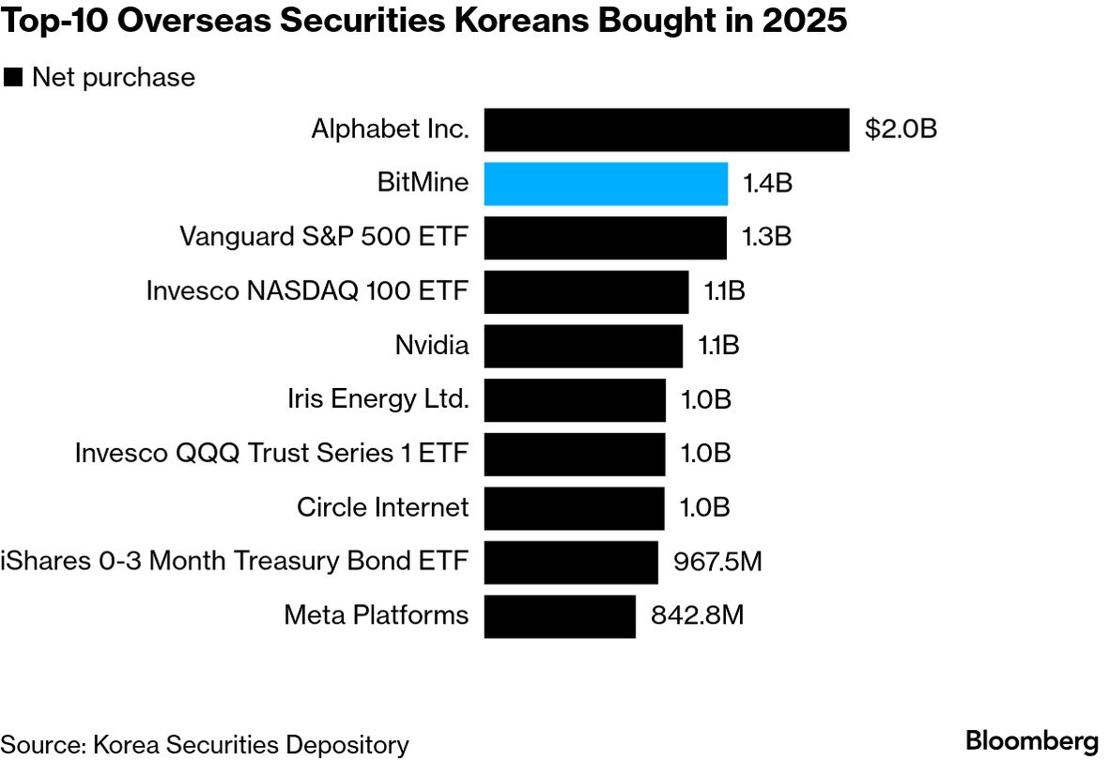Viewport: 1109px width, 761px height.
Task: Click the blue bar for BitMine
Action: point(606,183)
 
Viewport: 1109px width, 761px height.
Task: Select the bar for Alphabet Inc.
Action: point(667,130)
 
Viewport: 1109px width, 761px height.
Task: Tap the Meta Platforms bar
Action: point(560,616)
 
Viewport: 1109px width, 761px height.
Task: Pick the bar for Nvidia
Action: point(583,346)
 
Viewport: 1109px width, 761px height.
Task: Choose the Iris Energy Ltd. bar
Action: point(575,400)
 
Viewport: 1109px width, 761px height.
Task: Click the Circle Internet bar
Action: point(574,508)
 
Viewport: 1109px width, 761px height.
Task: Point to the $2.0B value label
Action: point(901,130)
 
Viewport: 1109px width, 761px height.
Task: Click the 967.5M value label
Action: point(717,563)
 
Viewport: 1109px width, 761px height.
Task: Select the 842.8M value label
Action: point(697,616)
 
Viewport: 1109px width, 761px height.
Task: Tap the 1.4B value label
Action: point(767,183)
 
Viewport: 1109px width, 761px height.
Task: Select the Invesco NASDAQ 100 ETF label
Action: point(307,291)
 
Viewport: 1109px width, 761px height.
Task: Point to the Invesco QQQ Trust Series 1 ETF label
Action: point(271,454)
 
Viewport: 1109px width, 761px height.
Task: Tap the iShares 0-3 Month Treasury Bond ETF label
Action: point(235,563)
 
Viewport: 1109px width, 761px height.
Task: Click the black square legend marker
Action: point(13,78)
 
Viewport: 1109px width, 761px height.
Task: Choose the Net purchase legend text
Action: point(113,78)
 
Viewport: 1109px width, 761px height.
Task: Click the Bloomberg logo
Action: point(1031,739)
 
